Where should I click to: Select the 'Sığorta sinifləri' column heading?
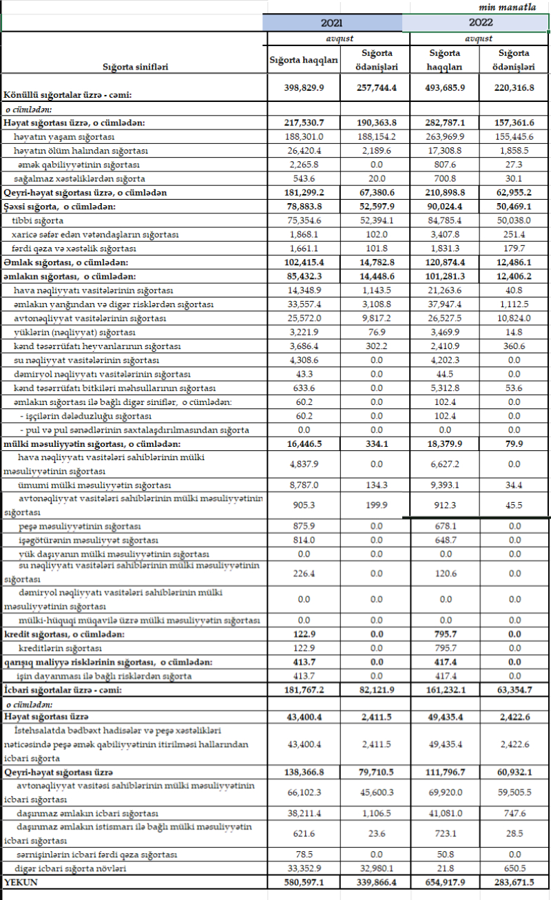point(135,67)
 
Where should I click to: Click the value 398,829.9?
point(304,88)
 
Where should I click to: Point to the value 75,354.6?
point(304,220)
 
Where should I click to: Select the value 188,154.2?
point(376,137)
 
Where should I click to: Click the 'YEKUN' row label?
point(21,881)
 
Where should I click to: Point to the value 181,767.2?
point(304,691)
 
